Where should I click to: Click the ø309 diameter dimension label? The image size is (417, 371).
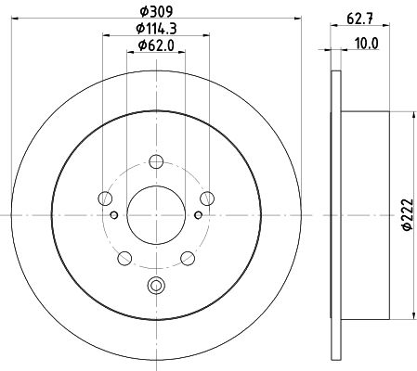tap(156, 12)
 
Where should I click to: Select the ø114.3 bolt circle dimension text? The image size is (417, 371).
tap(156, 29)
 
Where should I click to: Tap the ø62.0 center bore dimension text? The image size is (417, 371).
tap(156, 45)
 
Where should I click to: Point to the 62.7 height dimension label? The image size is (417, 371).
tap(359, 19)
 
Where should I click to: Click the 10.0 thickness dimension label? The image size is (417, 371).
tap(367, 44)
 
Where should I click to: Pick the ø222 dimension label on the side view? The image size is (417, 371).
tap(408, 214)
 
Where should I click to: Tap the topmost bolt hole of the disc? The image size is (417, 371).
tap(156, 161)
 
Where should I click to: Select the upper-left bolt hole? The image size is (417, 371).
tap(105, 198)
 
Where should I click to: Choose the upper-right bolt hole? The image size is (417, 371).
tap(207, 198)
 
